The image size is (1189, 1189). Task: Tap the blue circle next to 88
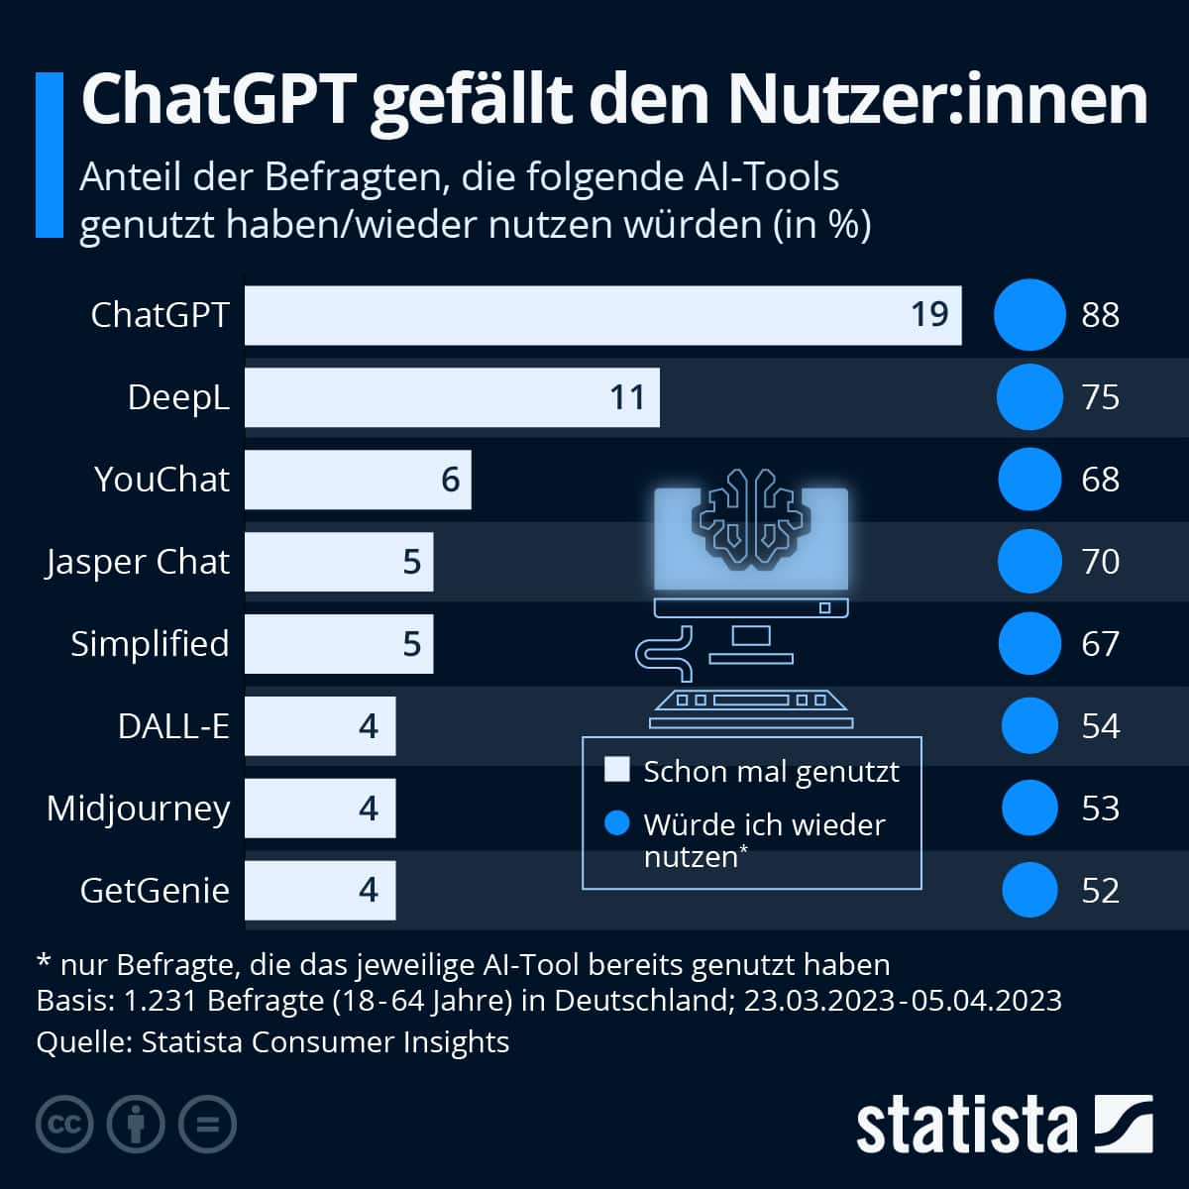(1029, 315)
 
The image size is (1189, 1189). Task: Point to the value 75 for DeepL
(1100, 397)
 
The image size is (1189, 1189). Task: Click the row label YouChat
(162, 480)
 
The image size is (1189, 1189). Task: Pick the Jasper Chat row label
(138, 562)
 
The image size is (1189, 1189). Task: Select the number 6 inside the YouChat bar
(450, 480)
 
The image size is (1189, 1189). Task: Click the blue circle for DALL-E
(1029, 725)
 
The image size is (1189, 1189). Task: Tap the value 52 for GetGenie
(1100, 891)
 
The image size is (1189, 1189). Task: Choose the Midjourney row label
(138, 809)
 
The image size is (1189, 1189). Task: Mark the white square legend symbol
(617, 770)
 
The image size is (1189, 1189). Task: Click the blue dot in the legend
(617, 823)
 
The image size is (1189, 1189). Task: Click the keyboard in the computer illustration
(751, 704)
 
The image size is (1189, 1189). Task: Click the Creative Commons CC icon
(64, 1124)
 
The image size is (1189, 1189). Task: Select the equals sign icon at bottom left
(207, 1124)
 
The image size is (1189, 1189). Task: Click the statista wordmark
(966, 1125)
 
